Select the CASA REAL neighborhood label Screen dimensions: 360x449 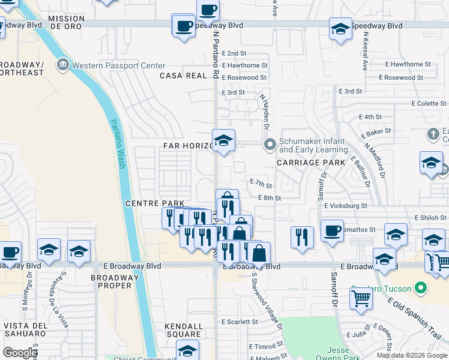click(182, 76)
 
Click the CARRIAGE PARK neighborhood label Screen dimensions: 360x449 click(311, 163)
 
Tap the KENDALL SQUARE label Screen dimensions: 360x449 click(182, 330)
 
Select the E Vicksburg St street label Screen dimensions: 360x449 click(345, 206)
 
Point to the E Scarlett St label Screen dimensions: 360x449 click(240, 322)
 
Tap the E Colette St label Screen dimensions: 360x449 click(429, 104)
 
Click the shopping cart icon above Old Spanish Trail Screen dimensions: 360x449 click(360, 297)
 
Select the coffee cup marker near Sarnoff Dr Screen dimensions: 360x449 click(331, 230)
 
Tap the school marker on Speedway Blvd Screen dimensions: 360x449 click(340, 29)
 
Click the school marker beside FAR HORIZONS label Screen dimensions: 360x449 click(223, 141)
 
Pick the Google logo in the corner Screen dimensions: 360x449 click(19, 353)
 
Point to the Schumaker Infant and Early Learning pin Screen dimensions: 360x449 click(270, 145)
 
